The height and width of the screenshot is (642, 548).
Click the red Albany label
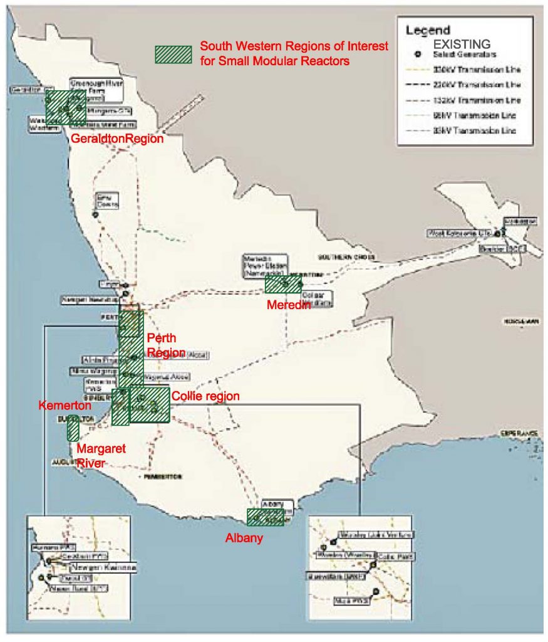[244, 537]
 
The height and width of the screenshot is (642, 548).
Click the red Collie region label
[205, 396]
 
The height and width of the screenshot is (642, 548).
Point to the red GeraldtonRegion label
[117, 139]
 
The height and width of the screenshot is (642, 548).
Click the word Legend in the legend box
[427, 29]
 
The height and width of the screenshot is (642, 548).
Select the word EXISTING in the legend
[463, 45]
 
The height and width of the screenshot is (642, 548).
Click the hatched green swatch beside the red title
[173, 54]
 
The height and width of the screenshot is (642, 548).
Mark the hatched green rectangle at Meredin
[283, 285]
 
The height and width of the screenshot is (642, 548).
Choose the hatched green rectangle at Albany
[265, 517]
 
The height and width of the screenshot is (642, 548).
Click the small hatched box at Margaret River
[73, 428]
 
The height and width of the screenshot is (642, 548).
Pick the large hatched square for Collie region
[150, 406]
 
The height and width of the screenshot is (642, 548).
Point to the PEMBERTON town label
[162, 476]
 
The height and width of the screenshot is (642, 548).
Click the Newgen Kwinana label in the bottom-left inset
[107, 567]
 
